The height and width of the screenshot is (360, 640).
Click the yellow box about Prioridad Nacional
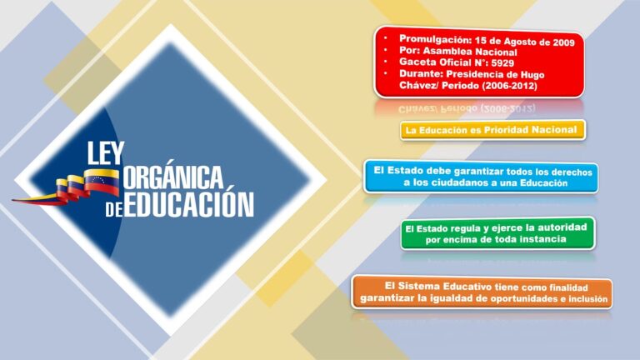click(491, 130)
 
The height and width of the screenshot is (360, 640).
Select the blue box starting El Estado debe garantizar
click(480, 177)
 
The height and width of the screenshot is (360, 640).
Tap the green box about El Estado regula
click(497, 233)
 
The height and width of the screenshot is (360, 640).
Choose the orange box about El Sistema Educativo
click(481, 292)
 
